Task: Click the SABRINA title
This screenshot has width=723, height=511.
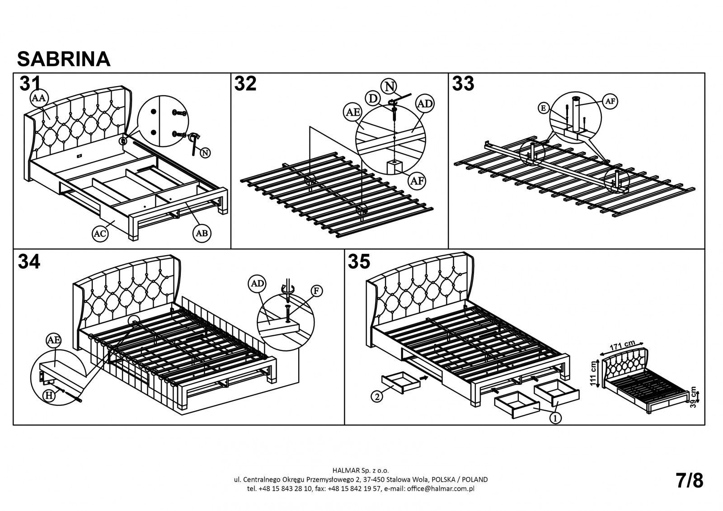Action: (x=64, y=59)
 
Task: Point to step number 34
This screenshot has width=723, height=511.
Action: (x=29, y=262)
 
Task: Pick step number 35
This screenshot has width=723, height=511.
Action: (x=359, y=262)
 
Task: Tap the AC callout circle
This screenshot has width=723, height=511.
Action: (x=100, y=233)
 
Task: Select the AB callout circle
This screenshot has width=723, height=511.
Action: (x=202, y=233)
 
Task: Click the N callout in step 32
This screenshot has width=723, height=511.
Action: (x=390, y=85)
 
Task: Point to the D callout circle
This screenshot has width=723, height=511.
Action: (x=373, y=98)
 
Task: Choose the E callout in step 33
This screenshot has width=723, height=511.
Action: (x=544, y=108)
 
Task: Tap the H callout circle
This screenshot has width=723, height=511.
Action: (x=48, y=395)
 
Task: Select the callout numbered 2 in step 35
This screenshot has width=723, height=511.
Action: (x=377, y=397)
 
